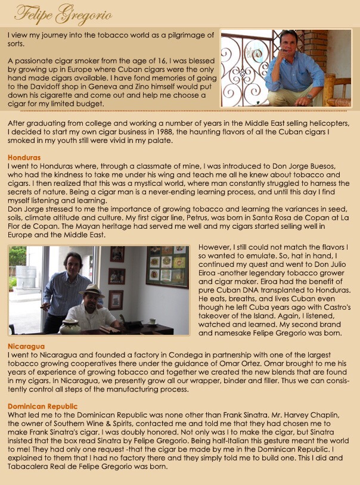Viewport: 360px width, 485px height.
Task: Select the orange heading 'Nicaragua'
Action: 26,346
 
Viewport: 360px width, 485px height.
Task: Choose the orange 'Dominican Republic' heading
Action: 43,406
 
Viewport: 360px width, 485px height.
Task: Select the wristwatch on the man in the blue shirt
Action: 309,97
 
